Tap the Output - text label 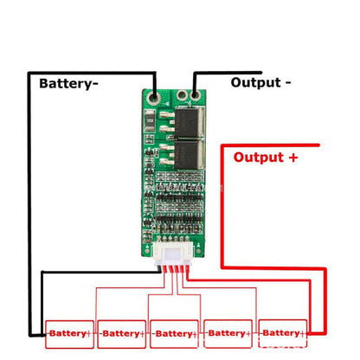pyautogui.click(x=260, y=82)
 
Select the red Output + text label pyautogui.click(x=267, y=157)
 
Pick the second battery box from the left pyautogui.click(x=123, y=332)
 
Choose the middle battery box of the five pyautogui.click(x=176, y=332)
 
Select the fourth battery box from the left pyautogui.click(x=228, y=332)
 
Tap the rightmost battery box pyautogui.click(x=281, y=332)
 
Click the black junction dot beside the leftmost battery pyautogui.click(x=45, y=332)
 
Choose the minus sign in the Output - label pyautogui.click(x=286, y=82)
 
